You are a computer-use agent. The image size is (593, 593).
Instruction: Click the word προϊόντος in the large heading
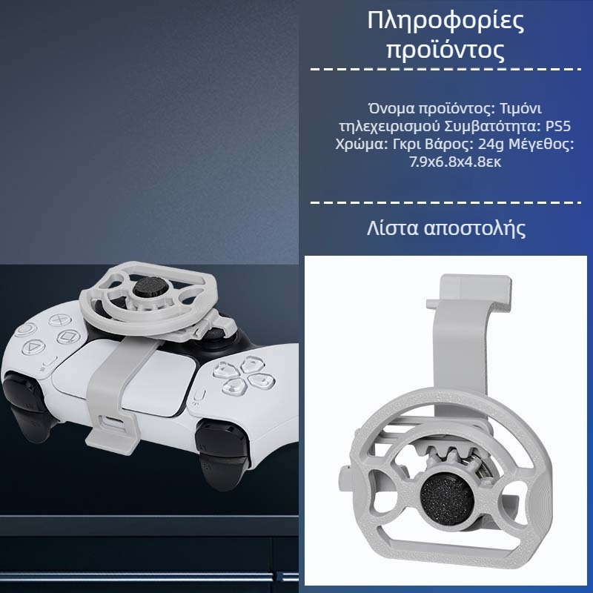(445, 51)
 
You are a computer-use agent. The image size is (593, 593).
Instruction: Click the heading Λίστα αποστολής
(446, 227)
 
